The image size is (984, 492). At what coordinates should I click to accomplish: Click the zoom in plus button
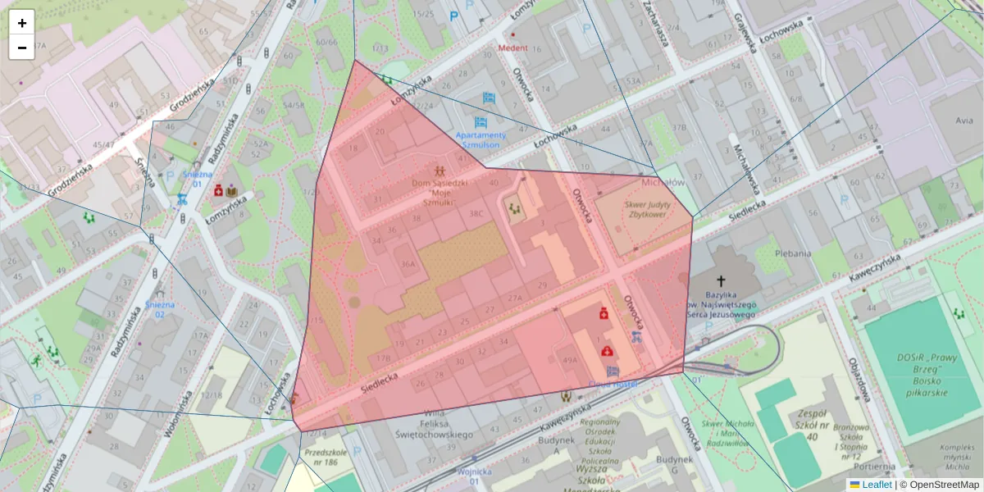22,23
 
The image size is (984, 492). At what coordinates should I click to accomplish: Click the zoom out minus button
22,48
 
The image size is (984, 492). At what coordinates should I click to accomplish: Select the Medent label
512,48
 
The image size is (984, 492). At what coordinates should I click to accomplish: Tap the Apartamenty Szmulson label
481,139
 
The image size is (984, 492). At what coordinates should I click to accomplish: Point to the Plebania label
794,254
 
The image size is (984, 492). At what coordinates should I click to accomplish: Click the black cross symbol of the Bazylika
721,281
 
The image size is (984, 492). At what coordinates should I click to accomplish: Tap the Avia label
964,120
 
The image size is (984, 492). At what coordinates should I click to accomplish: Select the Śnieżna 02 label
160,309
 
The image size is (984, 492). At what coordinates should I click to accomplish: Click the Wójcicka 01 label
475,476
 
